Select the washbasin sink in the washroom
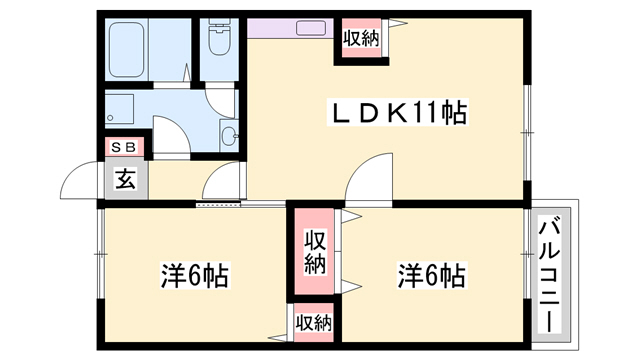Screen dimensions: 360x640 tap(229, 136)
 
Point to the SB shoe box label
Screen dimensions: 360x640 tap(126, 148)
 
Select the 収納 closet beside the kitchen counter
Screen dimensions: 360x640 tap(361, 39)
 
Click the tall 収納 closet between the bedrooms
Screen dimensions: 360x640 tap(314, 252)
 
